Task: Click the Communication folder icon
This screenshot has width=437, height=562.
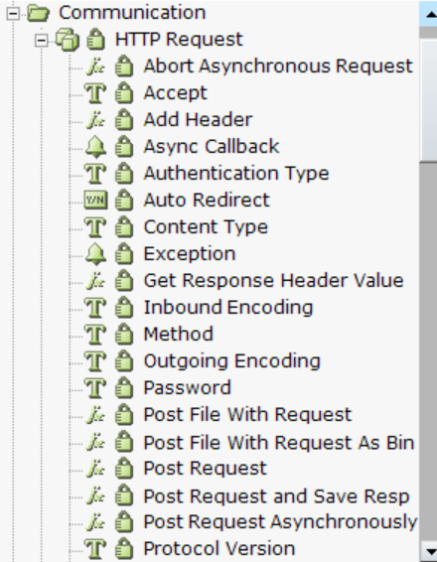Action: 38,13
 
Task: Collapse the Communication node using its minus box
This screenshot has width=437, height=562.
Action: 13,13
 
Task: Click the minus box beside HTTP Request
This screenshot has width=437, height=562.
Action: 42,40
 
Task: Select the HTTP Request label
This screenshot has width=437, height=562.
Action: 179,39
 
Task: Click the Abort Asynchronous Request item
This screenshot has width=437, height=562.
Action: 278,67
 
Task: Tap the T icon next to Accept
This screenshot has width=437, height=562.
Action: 95,92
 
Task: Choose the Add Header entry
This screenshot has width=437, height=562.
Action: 198,120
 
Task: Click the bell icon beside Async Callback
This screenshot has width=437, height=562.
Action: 95,147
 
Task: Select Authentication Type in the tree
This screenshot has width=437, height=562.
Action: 236,174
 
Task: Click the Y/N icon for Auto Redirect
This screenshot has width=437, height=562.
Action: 95,200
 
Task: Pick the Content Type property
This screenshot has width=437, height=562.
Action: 206,227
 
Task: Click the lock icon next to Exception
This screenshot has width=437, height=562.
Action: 124,254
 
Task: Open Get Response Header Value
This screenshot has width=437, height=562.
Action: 273,281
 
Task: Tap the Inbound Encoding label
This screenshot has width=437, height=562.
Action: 228,308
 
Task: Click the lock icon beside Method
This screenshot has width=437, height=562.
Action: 124,335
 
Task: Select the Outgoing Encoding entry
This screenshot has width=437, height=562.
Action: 232,361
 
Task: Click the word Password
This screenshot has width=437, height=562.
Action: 187,388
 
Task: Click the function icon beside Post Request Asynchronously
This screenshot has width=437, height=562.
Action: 95,522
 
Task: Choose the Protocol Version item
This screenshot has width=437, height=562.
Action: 219,549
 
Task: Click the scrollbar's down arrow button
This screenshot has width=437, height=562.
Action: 428,550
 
